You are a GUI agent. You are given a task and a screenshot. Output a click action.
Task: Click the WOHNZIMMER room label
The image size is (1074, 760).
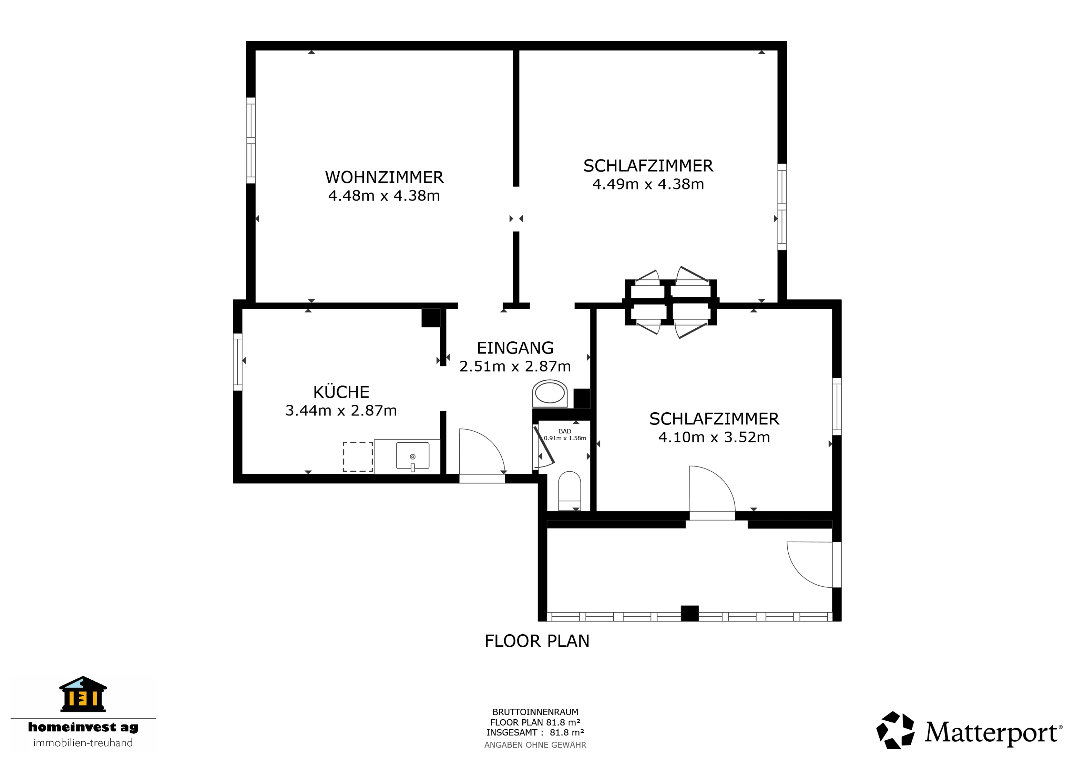[384, 177]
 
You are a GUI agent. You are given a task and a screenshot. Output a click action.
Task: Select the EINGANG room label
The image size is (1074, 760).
[515, 348]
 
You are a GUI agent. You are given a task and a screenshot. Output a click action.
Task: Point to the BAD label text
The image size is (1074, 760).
[565, 431]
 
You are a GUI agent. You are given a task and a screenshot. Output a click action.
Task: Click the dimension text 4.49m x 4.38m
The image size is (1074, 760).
[648, 184]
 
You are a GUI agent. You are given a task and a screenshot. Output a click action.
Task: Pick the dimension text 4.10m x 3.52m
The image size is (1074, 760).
[714, 437]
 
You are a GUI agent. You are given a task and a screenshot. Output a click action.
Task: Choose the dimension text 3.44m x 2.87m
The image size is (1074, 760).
[341, 410]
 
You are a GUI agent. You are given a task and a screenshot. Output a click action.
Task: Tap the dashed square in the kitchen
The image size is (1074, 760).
[358, 457]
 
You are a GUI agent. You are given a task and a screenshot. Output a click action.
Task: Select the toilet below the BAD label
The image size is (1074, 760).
[569, 491]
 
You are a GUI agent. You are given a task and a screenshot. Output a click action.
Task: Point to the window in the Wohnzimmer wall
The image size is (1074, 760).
[251, 140]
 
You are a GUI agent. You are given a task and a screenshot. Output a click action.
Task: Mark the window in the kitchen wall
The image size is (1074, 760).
[238, 362]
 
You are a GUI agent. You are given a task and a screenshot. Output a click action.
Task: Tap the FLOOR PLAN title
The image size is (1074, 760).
[537, 641]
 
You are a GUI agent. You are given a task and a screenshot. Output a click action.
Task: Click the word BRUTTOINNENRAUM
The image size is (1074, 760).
[535, 712]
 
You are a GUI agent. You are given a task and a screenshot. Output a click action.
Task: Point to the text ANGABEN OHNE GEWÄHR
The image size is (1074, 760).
[535, 745]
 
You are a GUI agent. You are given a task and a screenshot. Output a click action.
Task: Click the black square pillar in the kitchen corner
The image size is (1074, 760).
[431, 318]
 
